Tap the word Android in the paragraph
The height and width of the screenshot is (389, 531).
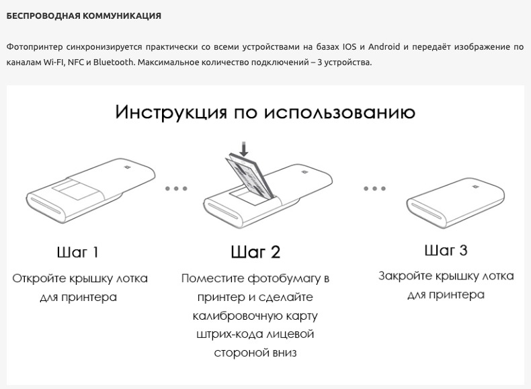point(383,46)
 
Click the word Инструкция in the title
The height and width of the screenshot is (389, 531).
point(171,112)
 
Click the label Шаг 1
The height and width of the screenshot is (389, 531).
point(78,253)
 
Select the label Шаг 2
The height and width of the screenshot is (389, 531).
point(255,253)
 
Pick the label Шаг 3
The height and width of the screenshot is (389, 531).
point(446,251)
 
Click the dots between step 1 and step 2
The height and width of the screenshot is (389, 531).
point(176,189)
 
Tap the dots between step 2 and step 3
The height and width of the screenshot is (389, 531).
point(374,189)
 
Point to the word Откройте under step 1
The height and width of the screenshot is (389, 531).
point(43,278)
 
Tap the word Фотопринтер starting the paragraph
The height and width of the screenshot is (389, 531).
point(30,46)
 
